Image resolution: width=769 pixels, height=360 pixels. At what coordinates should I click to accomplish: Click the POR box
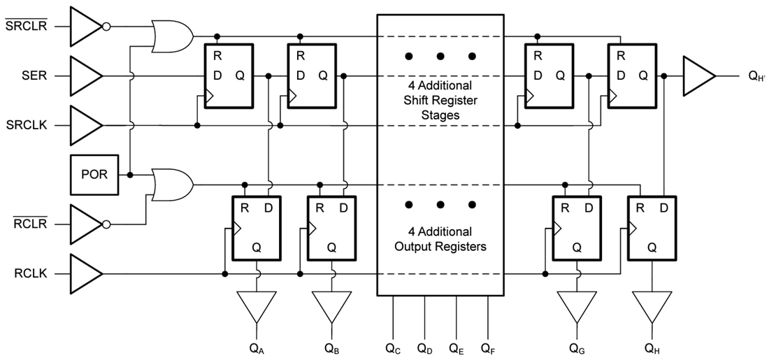coord(94,175)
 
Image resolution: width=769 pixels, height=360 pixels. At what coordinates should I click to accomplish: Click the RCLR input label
coord(31,224)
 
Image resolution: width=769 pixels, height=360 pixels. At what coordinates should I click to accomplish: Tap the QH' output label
coord(755,76)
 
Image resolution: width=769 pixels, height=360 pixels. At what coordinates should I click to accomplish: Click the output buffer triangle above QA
coord(257,305)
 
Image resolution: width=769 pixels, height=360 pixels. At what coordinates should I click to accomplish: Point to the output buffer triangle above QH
coord(652,305)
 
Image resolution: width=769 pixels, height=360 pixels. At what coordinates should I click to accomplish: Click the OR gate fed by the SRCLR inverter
coord(171,35)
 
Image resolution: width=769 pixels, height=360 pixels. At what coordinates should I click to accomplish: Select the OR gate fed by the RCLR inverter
coord(171,185)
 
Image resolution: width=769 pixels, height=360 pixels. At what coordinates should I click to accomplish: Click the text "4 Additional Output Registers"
coord(440,238)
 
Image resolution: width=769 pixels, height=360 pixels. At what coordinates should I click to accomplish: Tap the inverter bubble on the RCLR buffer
coord(106,224)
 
